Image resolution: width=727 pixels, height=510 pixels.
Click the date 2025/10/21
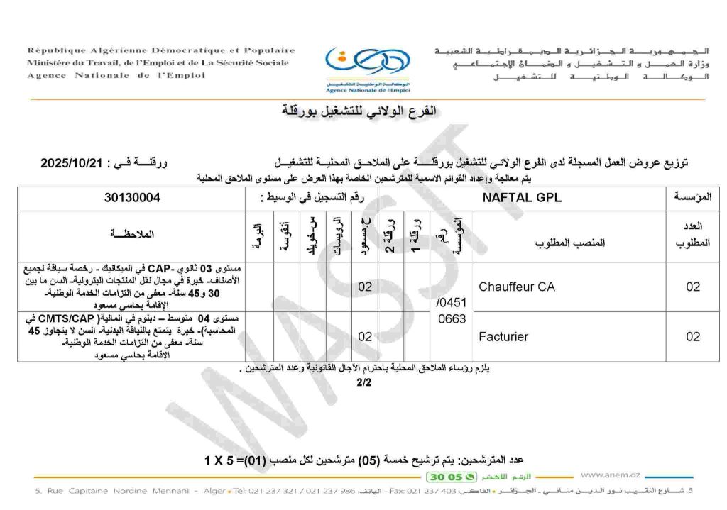click(x=73, y=162)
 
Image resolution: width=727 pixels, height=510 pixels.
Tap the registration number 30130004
click(x=132, y=198)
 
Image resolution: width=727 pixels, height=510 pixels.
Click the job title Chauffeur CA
click(x=517, y=287)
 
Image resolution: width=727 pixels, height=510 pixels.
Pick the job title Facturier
click(x=503, y=336)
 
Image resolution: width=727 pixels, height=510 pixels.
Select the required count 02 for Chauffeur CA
click(x=692, y=287)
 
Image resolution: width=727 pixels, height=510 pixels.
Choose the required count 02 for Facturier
click(x=692, y=336)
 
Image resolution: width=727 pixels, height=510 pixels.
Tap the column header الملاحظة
click(x=131, y=233)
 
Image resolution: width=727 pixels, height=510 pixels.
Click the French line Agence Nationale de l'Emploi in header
click(x=116, y=75)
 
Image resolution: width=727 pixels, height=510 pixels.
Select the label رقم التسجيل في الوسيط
click(x=312, y=198)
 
